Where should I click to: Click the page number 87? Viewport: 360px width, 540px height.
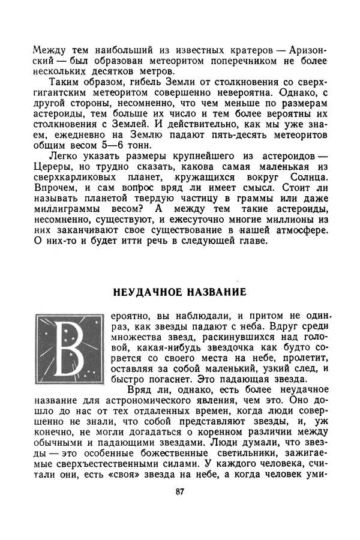coord(179,492)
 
